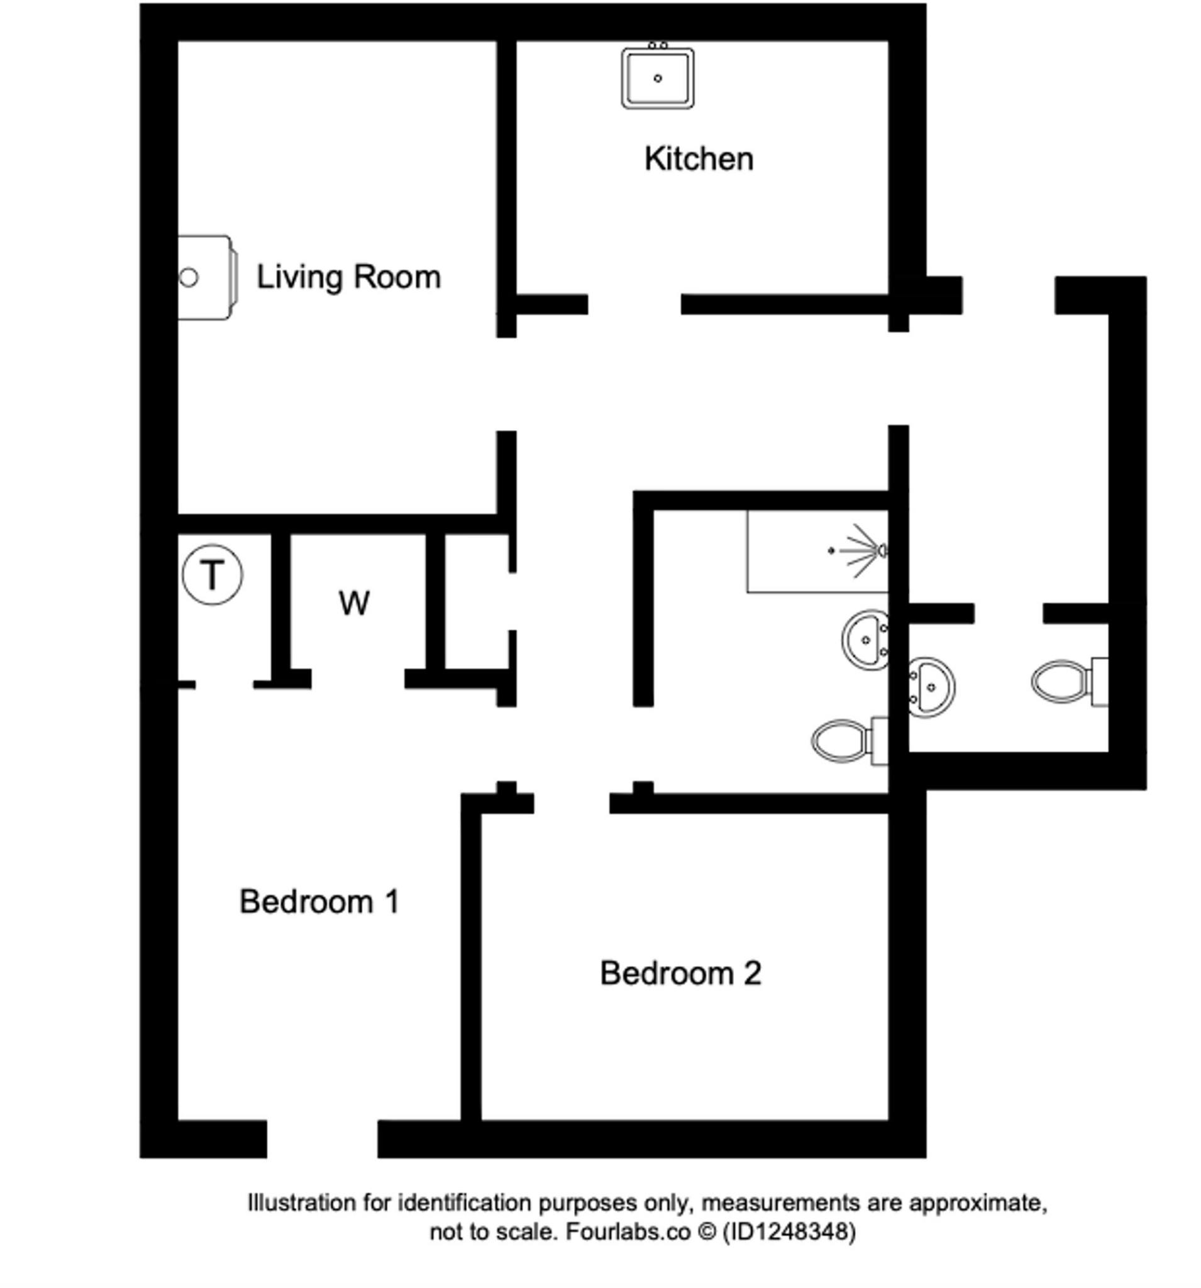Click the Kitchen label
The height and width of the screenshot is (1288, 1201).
click(x=699, y=158)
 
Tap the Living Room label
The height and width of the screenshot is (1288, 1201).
click(x=348, y=277)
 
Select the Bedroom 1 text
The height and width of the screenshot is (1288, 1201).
click(x=319, y=901)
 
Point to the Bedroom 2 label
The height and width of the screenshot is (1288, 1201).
click(x=680, y=973)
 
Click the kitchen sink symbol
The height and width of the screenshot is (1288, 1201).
click(x=657, y=76)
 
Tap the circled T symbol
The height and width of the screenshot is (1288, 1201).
click(x=212, y=574)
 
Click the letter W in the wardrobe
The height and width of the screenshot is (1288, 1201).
click(x=353, y=603)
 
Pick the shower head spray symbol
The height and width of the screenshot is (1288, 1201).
click(x=859, y=551)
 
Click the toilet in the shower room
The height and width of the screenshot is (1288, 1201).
click(x=850, y=740)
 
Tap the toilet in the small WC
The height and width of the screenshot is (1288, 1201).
click(x=1069, y=682)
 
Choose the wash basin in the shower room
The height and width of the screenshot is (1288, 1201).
click(x=865, y=640)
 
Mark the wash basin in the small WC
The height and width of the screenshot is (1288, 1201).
click(x=931, y=687)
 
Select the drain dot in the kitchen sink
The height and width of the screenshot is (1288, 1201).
click(x=658, y=79)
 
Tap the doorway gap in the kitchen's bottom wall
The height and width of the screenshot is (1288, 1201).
click(x=634, y=304)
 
